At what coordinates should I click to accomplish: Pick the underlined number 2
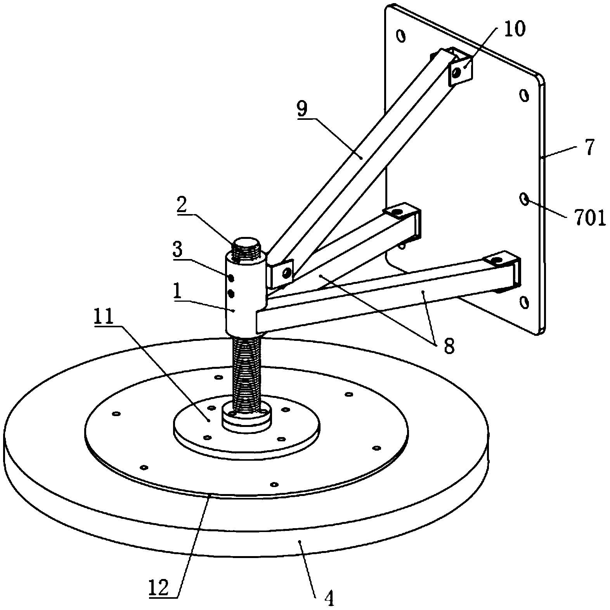tap(181, 206)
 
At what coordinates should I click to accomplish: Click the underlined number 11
tap(102, 318)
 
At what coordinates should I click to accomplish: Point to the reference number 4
tap(328, 599)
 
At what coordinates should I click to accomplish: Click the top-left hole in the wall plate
tap(400, 36)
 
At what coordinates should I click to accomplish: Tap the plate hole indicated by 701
tap(524, 199)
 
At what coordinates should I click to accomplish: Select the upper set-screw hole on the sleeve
tap(231, 278)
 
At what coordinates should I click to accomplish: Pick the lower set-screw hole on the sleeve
tap(231, 294)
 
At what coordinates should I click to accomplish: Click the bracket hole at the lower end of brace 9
tap(286, 273)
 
